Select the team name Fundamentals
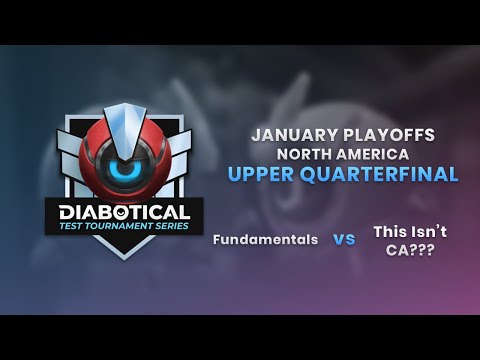click(265, 240)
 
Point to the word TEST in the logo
click(75, 227)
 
